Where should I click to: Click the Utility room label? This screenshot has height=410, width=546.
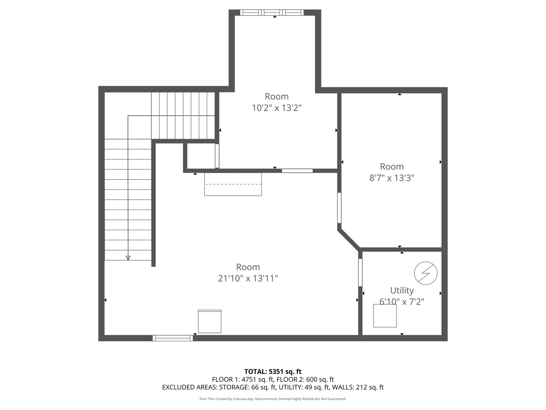(x=402, y=290)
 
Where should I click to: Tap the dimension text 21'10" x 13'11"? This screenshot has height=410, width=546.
(x=248, y=278)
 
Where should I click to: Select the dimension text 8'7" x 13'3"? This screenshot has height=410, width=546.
(x=392, y=178)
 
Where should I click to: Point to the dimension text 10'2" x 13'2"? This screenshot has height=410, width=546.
(x=276, y=108)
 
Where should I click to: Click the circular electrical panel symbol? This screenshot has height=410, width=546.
(x=425, y=273)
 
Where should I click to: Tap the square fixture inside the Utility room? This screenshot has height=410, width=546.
(x=385, y=316)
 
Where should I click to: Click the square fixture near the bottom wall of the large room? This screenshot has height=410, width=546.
(x=210, y=322)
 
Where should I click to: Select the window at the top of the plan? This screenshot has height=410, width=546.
(x=272, y=13)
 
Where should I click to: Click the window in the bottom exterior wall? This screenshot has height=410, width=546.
(x=173, y=338)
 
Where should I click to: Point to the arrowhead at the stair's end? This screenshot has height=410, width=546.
(x=128, y=258)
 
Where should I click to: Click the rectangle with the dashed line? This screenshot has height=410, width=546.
(x=233, y=184)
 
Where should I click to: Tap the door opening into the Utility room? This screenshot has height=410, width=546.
(x=360, y=273)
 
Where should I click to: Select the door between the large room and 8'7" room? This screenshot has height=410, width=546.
(x=339, y=208)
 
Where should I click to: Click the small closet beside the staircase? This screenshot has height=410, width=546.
(x=201, y=156)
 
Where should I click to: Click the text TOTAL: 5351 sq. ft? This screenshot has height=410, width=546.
(x=273, y=372)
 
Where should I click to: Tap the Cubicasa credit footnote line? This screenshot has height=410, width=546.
(x=273, y=399)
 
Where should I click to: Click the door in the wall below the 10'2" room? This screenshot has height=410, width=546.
(x=297, y=171)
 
